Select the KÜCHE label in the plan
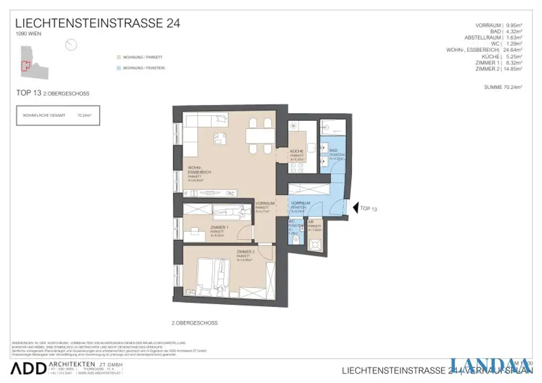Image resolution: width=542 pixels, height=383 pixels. (296, 152)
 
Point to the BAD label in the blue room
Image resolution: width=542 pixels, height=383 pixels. (333, 151)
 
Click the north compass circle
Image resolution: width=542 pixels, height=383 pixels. (71, 45)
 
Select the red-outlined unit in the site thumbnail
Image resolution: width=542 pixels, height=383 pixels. (24, 66)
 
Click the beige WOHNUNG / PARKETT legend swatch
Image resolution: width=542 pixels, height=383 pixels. (118, 57)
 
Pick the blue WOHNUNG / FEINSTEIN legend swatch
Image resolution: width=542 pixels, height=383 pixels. (118, 68)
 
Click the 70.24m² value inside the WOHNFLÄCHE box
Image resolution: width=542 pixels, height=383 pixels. (84, 115)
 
